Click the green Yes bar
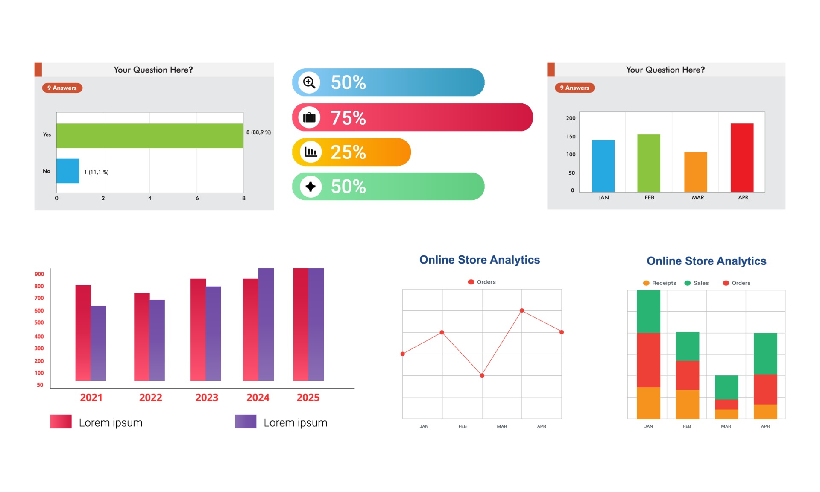(x=149, y=136)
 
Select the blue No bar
(x=67, y=171)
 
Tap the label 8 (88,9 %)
(x=258, y=132)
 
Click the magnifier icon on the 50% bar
(x=309, y=82)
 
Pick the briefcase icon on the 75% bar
(x=309, y=117)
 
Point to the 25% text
(x=348, y=152)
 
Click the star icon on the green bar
(x=310, y=187)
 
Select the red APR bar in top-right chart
(x=742, y=158)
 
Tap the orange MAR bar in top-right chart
(x=695, y=172)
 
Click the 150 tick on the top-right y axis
(x=571, y=137)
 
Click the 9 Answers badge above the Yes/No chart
(x=62, y=88)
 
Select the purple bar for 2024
(x=266, y=324)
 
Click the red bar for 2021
(x=83, y=333)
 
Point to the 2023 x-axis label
(x=207, y=398)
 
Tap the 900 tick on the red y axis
(x=39, y=274)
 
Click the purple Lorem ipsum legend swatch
(x=246, y=422)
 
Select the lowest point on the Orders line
(x=482, y=375)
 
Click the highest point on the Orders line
(x=521, y=310)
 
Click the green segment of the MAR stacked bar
(x=726, y=387)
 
